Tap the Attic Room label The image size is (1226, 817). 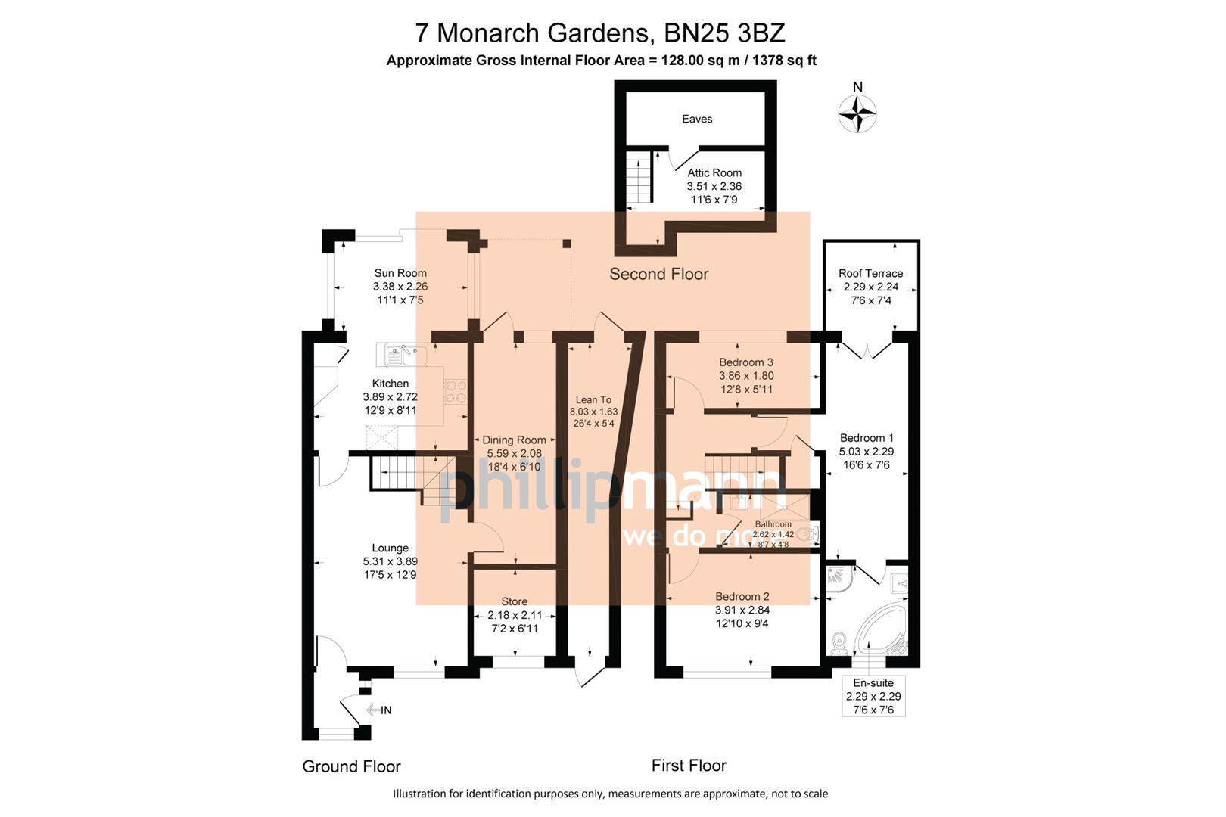[714, 173]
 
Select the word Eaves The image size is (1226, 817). [697, 119]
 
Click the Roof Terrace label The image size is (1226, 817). [870, 273]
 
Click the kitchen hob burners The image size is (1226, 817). [456, 392]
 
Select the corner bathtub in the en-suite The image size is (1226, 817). [881, 631]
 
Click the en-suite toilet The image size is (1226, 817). [839, 643]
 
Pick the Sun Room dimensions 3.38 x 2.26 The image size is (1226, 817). [400, 287]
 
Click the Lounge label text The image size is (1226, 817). [391, 548]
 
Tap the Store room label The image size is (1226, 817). [514, 602]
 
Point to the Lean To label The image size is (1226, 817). [593, 400]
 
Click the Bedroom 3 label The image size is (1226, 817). [746, 362]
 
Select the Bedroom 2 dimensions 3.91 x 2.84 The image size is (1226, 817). [742, 610]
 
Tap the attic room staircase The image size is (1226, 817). [640, 178]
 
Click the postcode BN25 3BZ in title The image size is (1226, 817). [724, 33]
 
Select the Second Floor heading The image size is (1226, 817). [658, 275]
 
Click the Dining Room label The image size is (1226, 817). [514, 440]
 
